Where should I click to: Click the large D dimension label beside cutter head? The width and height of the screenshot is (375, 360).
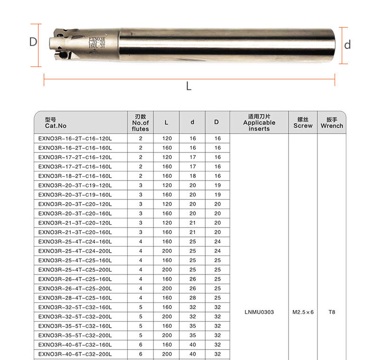click(33, 42)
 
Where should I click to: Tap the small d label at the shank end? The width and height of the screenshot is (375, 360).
click(347, 45)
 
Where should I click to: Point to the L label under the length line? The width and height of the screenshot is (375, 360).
click(189, 86)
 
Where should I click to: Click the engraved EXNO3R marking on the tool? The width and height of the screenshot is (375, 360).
click(97, 39)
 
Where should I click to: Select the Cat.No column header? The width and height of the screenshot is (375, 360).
click(56, 123)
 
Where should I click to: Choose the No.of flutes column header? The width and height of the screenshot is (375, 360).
click(140, 123)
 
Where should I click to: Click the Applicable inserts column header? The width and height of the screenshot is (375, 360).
click(259, 123)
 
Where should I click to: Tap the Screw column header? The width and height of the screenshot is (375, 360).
click(303, 123)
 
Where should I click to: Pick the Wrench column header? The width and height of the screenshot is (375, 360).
click(332, 123)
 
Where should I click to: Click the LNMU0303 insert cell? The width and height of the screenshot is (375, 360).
click(259, 312)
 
